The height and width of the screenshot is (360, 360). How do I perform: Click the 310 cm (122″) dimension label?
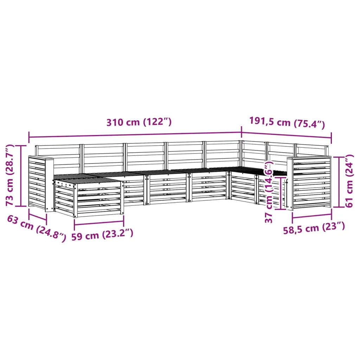point(139,122)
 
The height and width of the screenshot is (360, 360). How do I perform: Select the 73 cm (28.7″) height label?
point(10,175)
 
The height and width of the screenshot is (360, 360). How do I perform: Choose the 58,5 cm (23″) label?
point(314,228)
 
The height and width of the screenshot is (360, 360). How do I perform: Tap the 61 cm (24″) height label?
point(349,181)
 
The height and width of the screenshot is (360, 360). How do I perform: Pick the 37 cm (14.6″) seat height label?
point(269,192)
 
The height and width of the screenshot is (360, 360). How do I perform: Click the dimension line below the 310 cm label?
point(135,135)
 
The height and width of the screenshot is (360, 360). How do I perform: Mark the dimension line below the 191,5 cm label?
point(286,135)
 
